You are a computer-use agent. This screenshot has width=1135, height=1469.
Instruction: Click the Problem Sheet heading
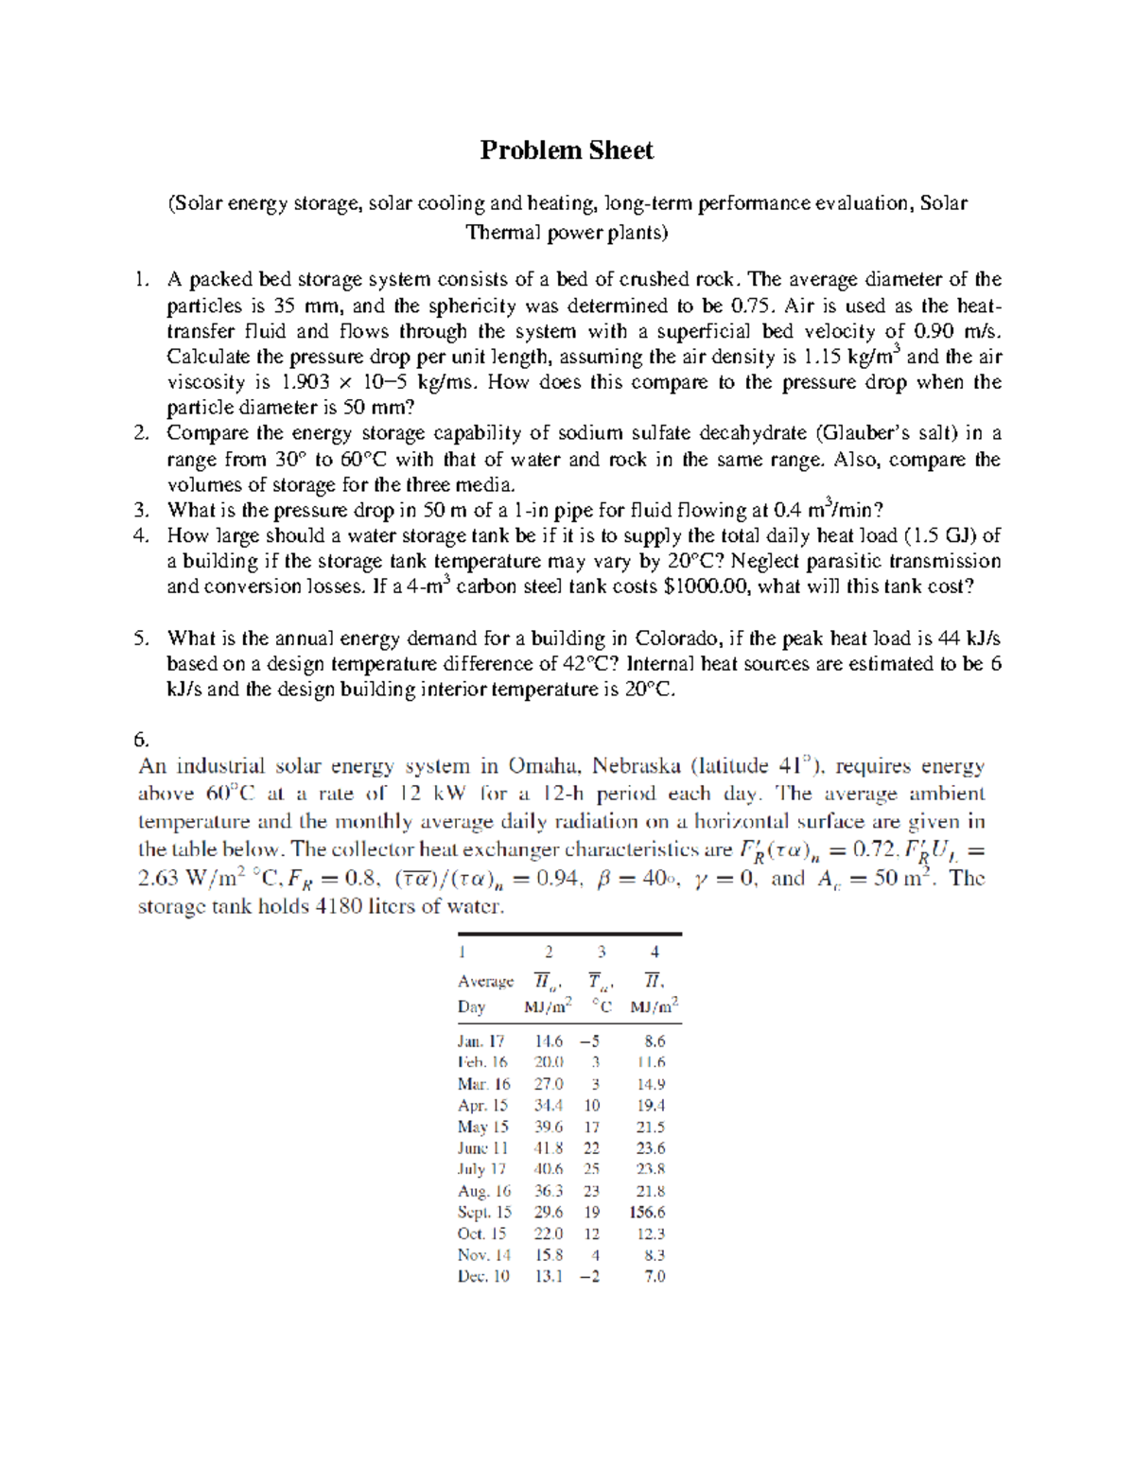pyautogui.click(x=567, y=150)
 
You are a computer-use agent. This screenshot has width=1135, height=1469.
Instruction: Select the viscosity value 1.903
pyautogui.click(x=306, y=382)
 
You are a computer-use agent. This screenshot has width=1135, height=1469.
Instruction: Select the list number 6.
pyautogui.click(x=143, y=739)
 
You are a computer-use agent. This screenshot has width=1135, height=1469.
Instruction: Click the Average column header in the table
pyautogui.click(x=485, y=981)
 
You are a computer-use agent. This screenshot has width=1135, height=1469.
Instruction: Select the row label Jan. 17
pyautogui.click(x=481, y=1041)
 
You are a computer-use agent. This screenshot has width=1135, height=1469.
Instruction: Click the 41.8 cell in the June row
pyautogui.click(x=549, y=1147)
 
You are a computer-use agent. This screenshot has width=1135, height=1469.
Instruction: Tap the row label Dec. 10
pyautogui.click(x=483, y=1276)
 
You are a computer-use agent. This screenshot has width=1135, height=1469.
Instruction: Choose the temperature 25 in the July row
pyautogui.click(x=591, y=1169)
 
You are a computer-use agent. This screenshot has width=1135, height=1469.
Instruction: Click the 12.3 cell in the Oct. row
pyautogui.click(x=651, y=1233)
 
